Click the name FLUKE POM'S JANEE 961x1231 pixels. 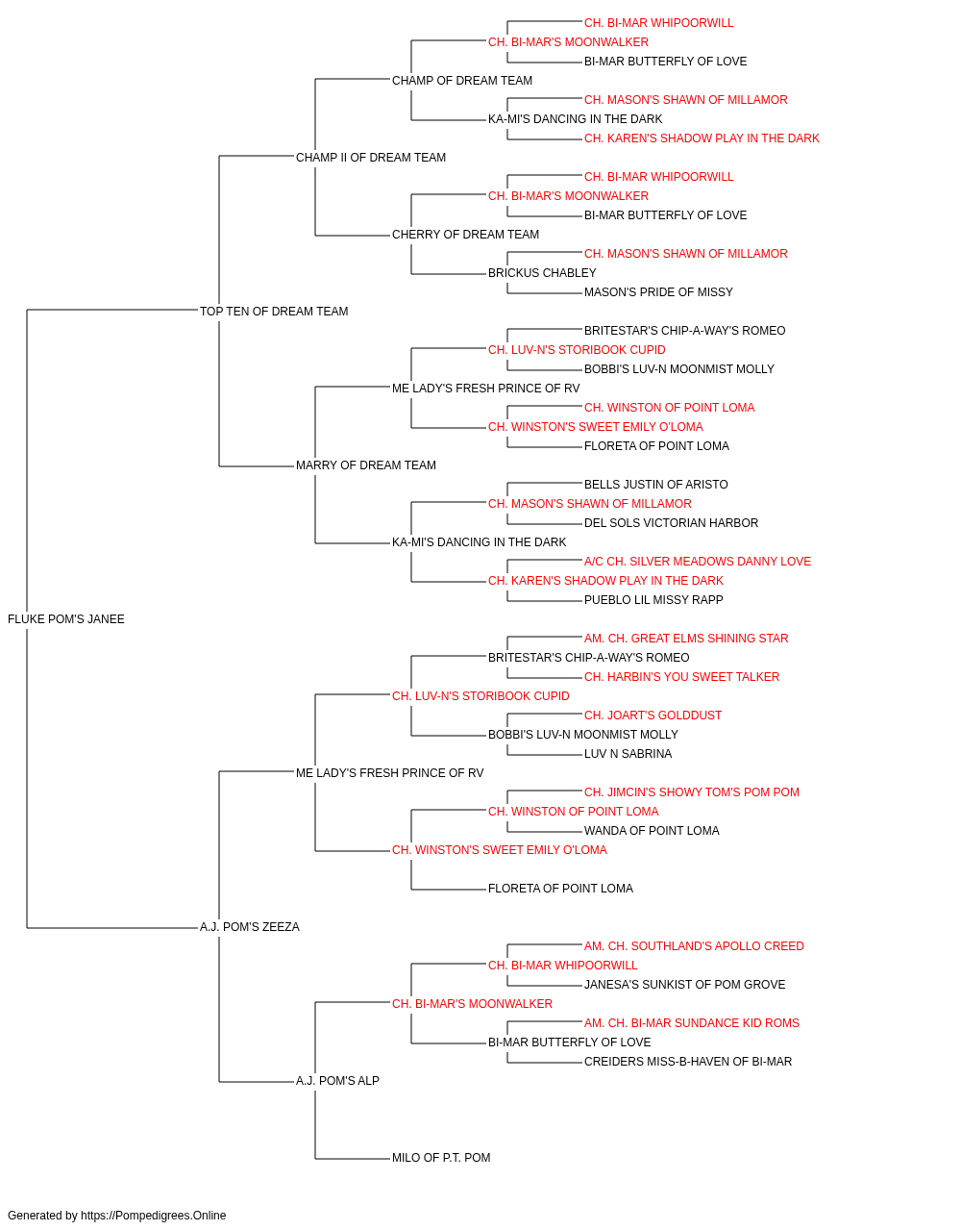(x=66, y=619)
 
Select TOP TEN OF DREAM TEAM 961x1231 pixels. (x=274, y=311)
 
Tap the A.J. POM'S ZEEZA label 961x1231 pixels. (x=250, y=927)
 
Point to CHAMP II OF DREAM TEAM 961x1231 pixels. (x=371, y=158)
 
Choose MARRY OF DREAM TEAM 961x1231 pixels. (x=366, y=465)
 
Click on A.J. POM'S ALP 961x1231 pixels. (x=338, y=1081)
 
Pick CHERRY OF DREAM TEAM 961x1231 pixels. (x=466, y=235)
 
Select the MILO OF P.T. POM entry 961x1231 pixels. (x=441, y=1158)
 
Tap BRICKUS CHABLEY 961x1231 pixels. (x=542, y=273)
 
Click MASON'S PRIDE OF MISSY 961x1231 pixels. (x=659, y=292)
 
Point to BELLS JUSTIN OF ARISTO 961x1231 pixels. (x=656, y=485)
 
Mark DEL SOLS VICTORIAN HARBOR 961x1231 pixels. (x=671, y=523)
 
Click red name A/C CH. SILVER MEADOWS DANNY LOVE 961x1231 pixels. (x=698, y=562)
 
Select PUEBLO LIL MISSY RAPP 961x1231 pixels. (x=653, y=600)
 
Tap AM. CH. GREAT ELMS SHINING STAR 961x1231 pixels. (x=686, y=639)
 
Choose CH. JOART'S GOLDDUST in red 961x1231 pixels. (x=653, y=716)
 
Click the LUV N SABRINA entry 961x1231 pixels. (x=628, y=754)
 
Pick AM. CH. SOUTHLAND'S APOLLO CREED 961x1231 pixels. (x=695, y=946)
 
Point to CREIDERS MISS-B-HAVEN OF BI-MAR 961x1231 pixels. (x=688, y=1062)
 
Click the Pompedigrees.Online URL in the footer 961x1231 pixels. (x=154, y=1216)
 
